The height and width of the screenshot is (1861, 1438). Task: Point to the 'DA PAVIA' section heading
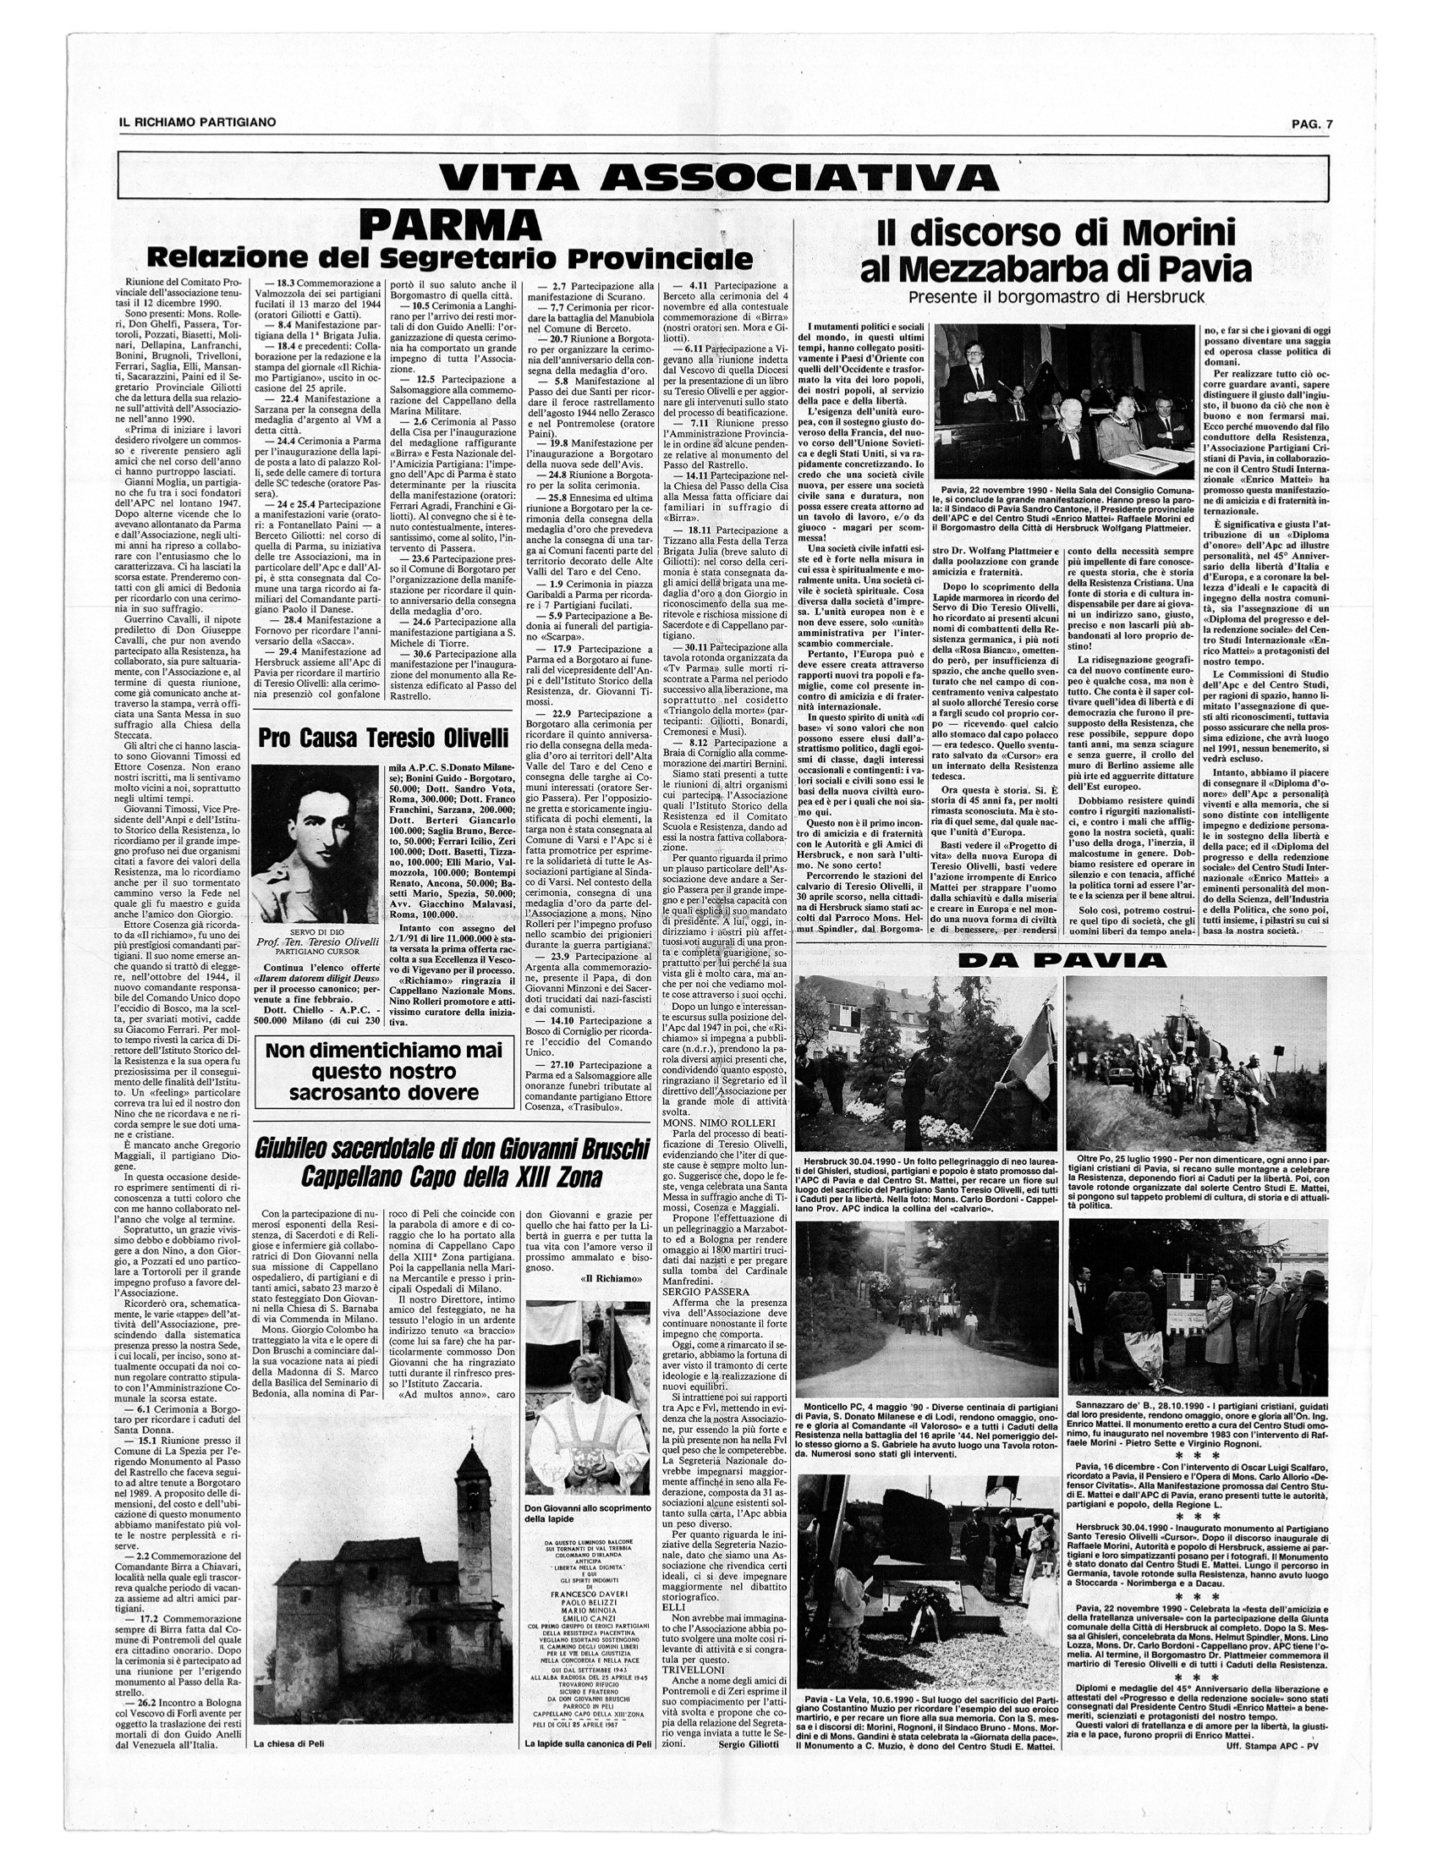(x=1061, y=959)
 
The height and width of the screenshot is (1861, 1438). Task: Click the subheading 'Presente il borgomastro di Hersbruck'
(x=1056, y=299)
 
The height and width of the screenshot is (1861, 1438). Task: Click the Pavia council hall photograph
(x=1064, y=400)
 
